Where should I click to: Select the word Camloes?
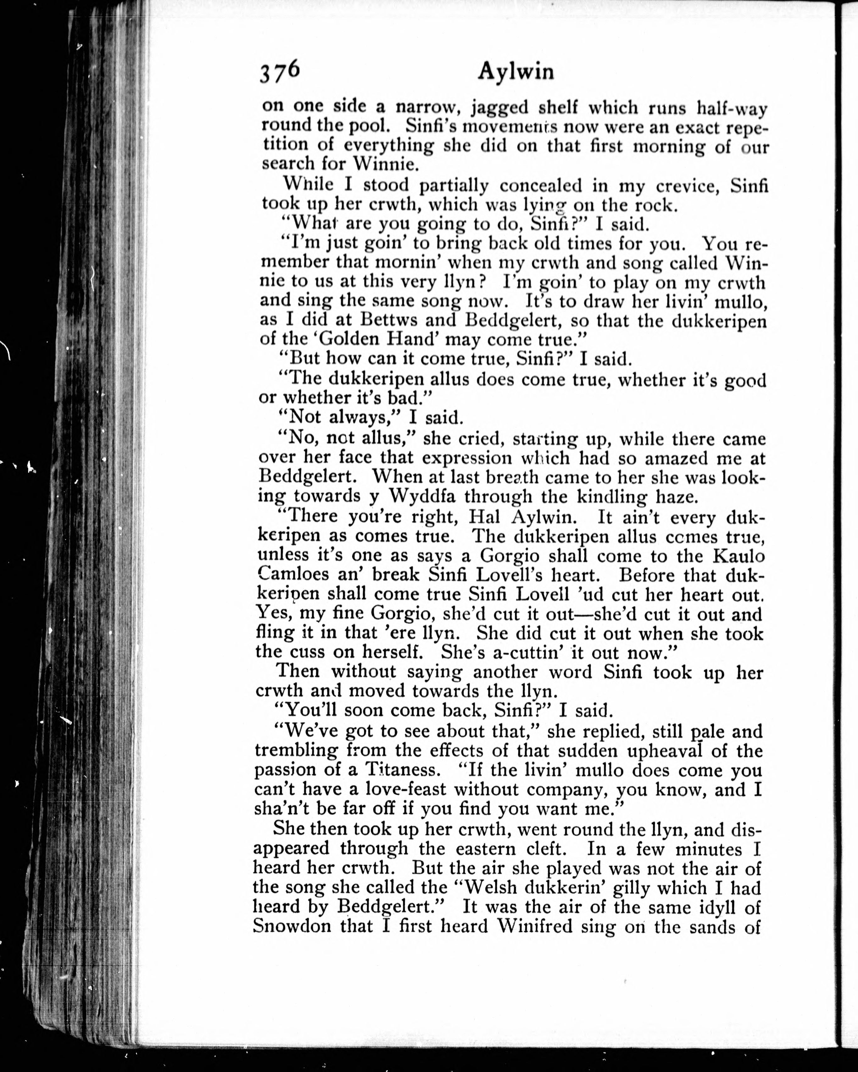293,574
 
